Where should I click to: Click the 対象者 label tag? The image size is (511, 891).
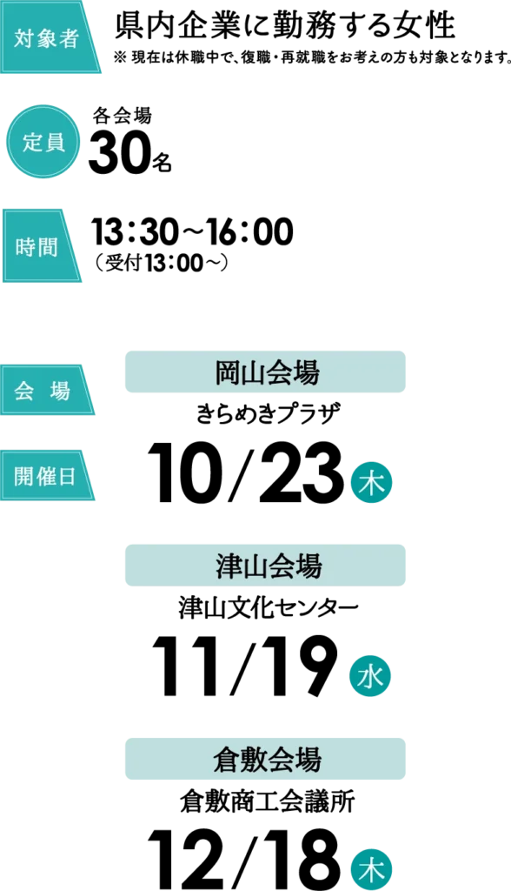(49, 37)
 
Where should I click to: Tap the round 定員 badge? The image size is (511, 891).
(43, 142)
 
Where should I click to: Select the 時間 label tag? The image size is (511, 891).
(41, 245)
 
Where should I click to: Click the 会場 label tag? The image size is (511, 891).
(47, 390)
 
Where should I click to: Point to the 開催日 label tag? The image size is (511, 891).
(47, 475)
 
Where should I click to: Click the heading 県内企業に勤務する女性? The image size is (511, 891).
(285, 25)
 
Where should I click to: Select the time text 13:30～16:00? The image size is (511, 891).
(192, 231)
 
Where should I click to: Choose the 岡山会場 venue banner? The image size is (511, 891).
(265, 372)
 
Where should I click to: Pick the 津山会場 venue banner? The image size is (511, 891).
(265, 566)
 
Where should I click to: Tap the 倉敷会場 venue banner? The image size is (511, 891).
(265, 759)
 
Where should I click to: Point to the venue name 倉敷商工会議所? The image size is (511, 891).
(268, 802)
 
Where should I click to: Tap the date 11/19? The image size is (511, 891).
(244, 667)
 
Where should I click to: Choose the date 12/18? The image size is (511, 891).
(244, 859)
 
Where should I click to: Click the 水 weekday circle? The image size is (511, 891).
(371, 678)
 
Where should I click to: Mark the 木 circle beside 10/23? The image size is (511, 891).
(371, 485)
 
